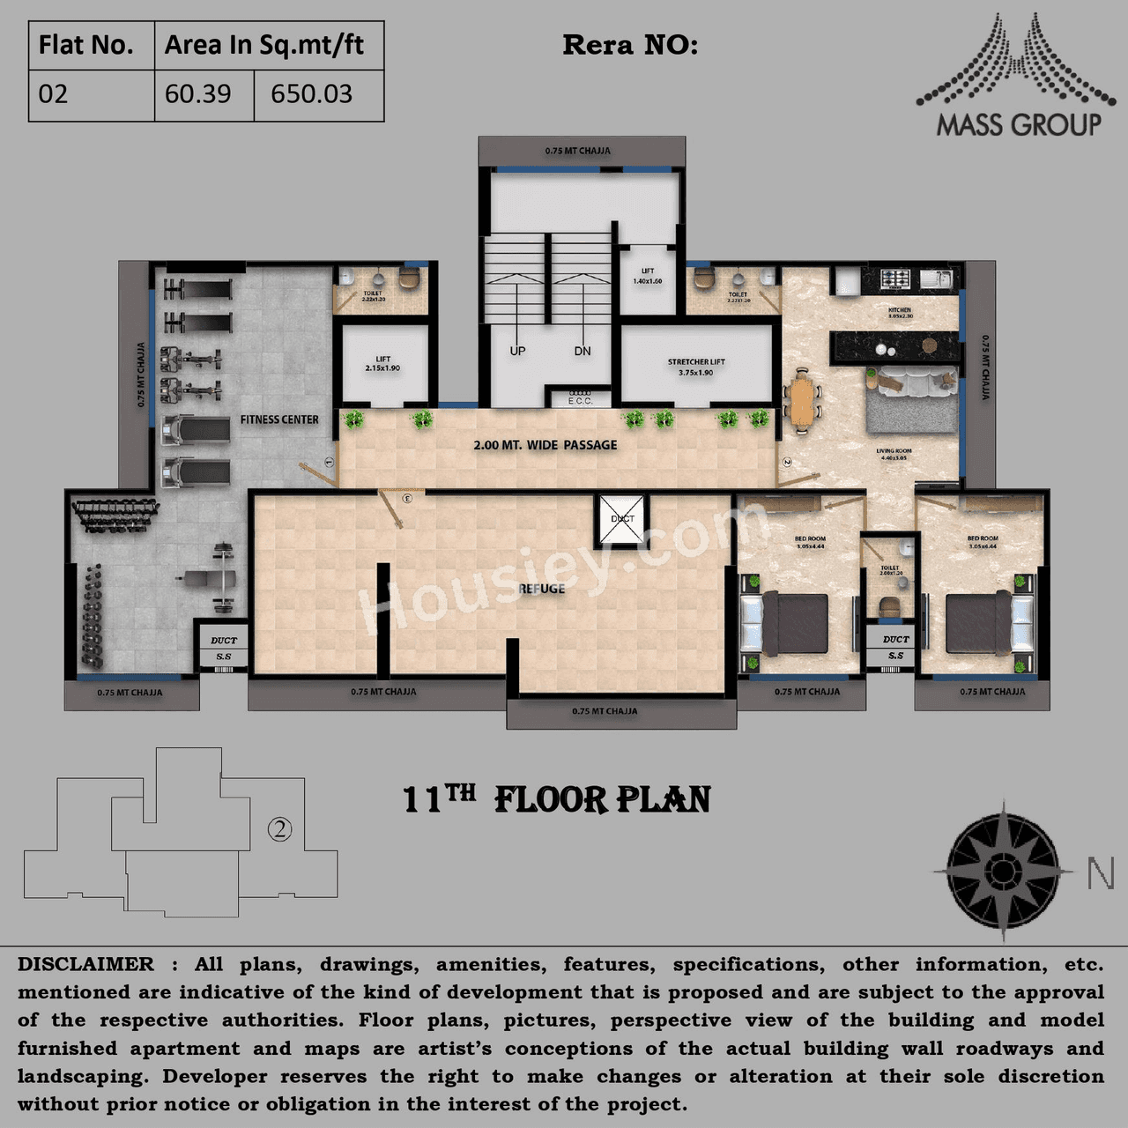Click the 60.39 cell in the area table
click(198, 94)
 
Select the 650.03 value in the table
click(311, 94)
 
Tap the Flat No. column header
click(86, 45)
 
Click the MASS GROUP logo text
click(1019, 125)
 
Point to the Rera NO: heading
click(630, 45)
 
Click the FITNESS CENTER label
click(279, 419)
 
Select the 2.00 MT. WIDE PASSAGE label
click(545, 445)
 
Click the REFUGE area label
click(542, 589)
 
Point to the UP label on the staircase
click(517, 351)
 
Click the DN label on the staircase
click(583, 351)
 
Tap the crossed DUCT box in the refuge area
click(622, 519)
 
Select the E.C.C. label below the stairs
click(580, 401)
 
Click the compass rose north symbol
click(1003, 871)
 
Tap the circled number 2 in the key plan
click(279, 829)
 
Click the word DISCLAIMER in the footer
click(85, 965)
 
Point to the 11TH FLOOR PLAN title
click(557, 799)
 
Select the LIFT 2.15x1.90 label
click(382, 363)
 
